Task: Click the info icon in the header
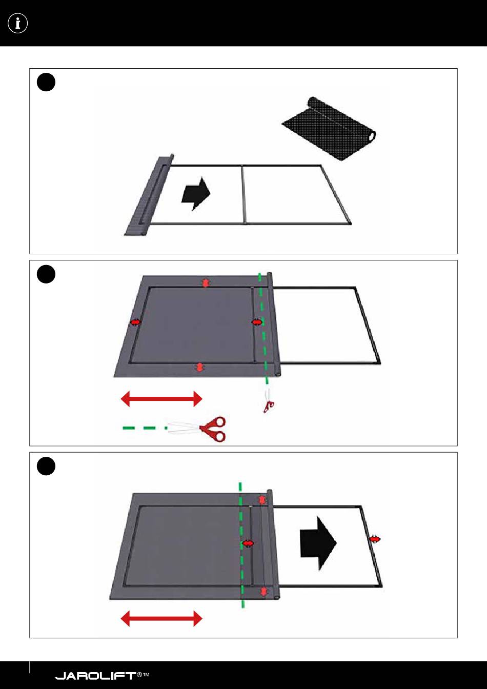[x=18, y=24]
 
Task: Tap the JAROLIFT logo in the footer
[x=102, y=676]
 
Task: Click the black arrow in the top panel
[x=196, y=193]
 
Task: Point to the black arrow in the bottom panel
[x=318, y=543]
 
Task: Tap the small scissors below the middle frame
[x=268, y=401]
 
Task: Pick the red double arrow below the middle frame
[x=161, y=399]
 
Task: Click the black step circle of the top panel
[x=46, y=82]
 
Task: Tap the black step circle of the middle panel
[x=46, y=274]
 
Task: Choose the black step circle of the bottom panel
[x=46, y=466]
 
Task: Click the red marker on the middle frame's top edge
[x=206, y=282]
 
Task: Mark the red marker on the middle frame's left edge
[x=135, y=322]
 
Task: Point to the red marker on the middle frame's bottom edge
[x=199, y=367]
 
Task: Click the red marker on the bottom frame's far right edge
[x=375, y=539]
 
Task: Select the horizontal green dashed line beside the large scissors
[x=145, y=428]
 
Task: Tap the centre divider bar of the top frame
[x=243, y=194]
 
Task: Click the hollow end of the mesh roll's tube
[x=372, y=136]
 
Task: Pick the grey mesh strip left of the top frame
[x=149, y=196]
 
